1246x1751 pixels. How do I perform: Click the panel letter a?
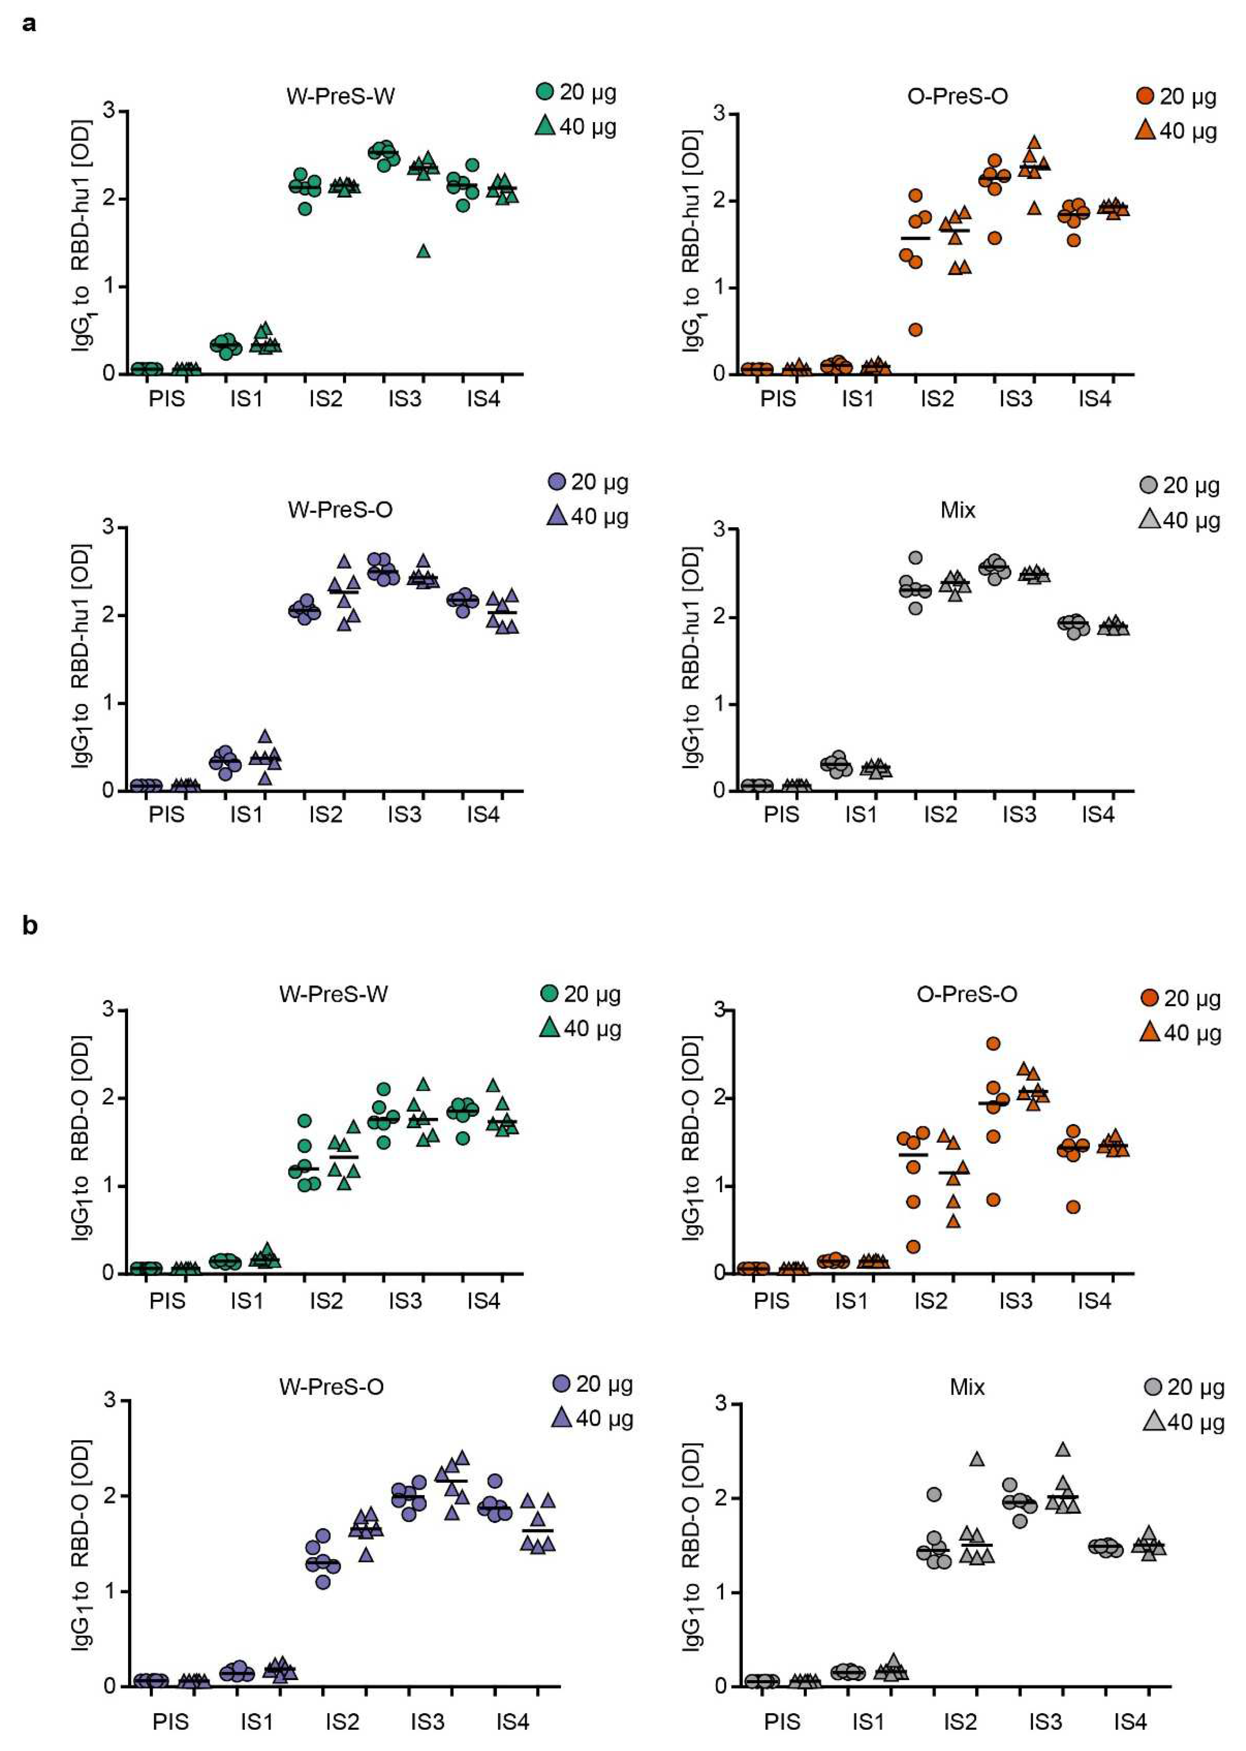[x=29, y=25]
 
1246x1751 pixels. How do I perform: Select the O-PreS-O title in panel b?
[x=967, y=994]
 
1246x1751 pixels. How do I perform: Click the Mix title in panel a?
[x=958, y=510]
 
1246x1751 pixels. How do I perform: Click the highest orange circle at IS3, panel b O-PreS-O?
[x=993, y=1044]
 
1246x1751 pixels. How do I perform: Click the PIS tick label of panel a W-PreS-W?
[x=166, y=399]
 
